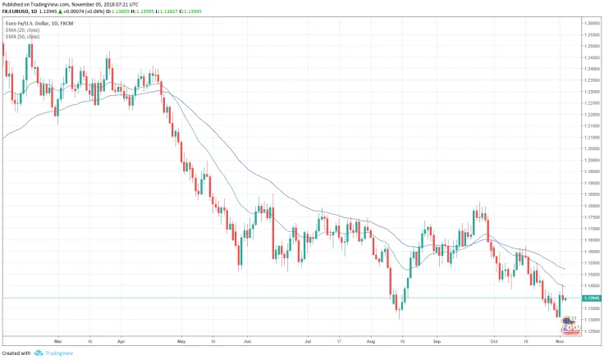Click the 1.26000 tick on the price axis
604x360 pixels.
(590, 24)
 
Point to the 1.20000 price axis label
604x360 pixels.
(590, 160)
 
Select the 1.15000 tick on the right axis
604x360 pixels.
(590, 274)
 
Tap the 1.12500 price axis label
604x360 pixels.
(590, 331)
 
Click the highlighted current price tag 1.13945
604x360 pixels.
(590, 298)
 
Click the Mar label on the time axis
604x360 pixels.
(58, 339)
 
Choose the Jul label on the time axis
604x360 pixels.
(308, 339)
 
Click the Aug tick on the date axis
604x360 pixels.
(371, 339)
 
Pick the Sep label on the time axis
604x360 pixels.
(437, 339)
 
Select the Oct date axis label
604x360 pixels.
(494, 339)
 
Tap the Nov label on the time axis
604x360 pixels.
(558, 339)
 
